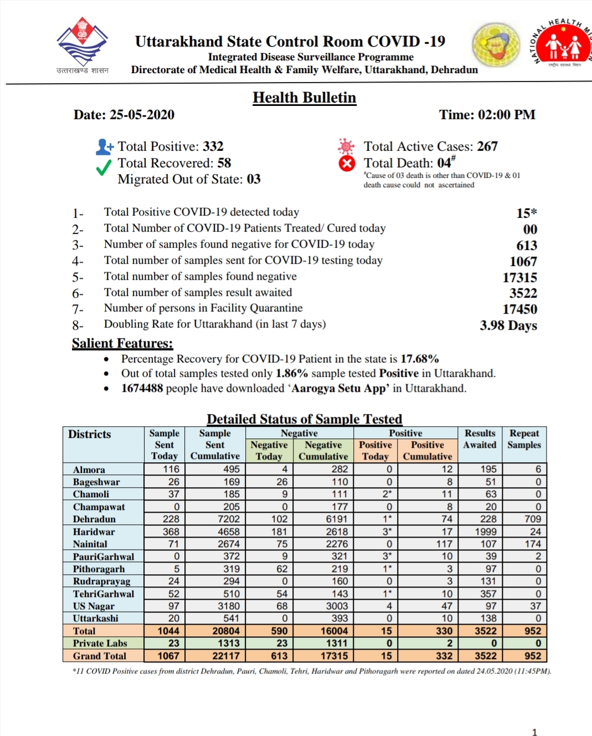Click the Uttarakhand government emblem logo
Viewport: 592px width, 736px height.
coord(82,43)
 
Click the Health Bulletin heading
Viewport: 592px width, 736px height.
coord(304,98)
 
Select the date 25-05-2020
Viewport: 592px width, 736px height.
coord(142,115)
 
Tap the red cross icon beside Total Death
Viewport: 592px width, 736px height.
coord(347,163)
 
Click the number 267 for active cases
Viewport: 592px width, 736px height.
coord(487,146)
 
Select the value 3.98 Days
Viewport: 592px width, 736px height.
coord(508,325)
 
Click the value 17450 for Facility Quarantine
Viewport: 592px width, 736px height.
coord(519,309)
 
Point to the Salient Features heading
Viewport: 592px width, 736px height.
coord(122,343)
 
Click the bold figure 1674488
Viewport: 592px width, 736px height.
coord(142,388)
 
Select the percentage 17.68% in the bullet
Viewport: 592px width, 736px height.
coord(420,359)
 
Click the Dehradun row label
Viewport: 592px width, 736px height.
coord(94,519)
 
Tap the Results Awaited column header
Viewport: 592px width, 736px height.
coord(480,439)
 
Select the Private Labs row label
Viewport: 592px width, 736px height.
coord(100,643)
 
